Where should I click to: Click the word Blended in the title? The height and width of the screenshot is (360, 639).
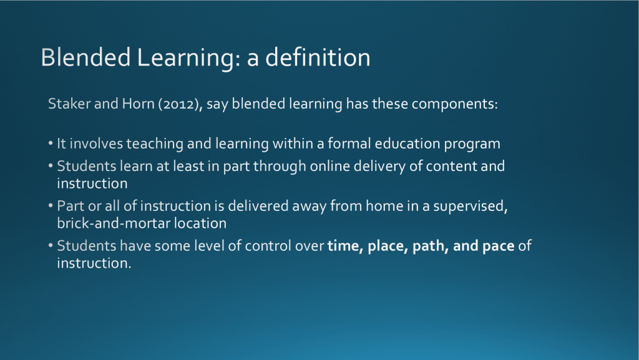[85, 57]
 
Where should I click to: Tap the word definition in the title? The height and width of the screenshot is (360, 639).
[318, 57]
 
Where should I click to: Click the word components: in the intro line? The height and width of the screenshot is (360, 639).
[455, 104]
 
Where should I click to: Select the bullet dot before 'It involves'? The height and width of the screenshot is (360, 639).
[51, 144]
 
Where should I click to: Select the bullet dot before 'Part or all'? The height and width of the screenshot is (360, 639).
[51, 206]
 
